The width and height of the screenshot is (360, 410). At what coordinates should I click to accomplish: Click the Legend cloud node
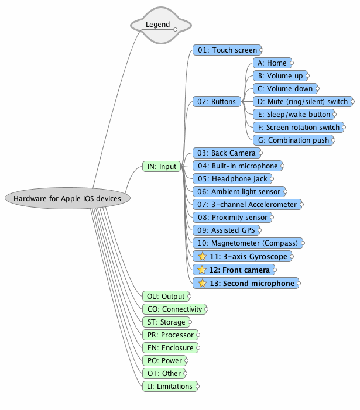[x=160, y=25]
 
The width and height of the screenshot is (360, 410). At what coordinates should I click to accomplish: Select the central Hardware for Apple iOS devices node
[x=67, y=198]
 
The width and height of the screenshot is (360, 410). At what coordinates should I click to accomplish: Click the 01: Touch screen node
[x=227, y=50]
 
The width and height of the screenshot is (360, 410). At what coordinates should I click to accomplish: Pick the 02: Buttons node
[x=216, y=102]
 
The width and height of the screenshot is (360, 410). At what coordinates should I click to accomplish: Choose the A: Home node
[x=272, y=63]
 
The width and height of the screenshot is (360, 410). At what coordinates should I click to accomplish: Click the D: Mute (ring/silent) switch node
[x=302, y=102]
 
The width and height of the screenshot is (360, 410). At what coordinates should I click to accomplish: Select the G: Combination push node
[x=293, y=140]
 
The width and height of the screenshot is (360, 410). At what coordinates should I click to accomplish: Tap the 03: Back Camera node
[x=226, y=153]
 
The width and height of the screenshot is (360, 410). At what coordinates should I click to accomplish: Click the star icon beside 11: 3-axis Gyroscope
[x=202, y=256]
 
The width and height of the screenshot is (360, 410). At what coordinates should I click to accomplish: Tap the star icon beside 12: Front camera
[x=202, y=270]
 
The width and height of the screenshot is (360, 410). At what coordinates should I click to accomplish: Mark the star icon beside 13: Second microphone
[x=202, y=283]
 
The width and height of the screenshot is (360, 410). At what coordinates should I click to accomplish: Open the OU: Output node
[x=166, y=297]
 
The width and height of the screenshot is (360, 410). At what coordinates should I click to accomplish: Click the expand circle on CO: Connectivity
[x=206, y=309]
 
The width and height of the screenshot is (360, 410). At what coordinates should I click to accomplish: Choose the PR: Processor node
[x=169, y=335]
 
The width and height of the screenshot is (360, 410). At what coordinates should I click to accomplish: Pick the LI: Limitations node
[x=169, y=387]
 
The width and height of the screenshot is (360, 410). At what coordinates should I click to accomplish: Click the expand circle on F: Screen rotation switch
[x=344, y=128]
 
